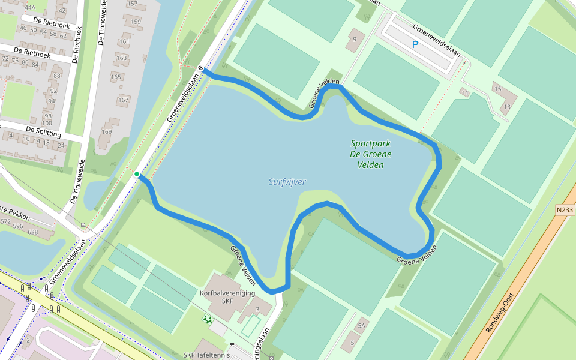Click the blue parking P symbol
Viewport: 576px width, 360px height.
point(415,44)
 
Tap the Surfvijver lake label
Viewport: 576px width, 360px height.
point(287,182)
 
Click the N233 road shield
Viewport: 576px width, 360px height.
point(565,210)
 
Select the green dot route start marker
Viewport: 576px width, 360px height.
point(137,174)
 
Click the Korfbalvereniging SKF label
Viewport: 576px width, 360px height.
point(227,296)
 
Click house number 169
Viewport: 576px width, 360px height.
point(107,131)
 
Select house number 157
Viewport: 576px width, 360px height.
point(133,4)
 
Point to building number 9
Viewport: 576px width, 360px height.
point(355,40)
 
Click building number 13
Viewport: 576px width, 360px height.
point(507,107)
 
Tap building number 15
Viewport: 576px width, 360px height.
point(497,89)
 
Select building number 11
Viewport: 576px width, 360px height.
point(465,92)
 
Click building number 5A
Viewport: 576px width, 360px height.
point(361,325)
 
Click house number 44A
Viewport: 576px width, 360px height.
point(31,8)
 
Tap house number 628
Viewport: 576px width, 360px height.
point(33,232)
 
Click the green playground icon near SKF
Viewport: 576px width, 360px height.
point(208,319)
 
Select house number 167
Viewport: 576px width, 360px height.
point(124,100)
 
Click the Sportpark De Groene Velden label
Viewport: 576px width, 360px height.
point(371,154)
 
